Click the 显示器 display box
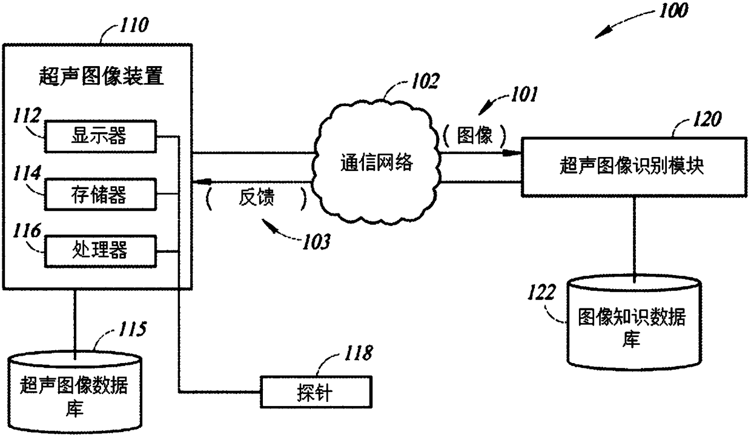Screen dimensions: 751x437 [x=101, y=136]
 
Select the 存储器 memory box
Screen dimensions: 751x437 [x=101, y=195]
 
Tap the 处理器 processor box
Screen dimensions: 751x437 [x=101, y=252]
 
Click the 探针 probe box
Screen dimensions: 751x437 [x=316, y=392]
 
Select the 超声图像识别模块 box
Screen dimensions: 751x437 [x=634, y=167]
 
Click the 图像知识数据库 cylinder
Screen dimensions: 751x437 [x=634, y=322]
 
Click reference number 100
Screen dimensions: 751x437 [x=673, y=10]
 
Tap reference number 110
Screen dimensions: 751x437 [x=134, y=25]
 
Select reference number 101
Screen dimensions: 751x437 [x=524, y=94]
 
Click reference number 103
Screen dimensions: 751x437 [x=316, y=242]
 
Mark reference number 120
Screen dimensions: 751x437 [x=707, y=119]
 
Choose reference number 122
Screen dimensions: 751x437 [x=541, y=292]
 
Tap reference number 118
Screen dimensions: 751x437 [x=358, y=353]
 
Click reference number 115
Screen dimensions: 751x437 [x=132, y=329]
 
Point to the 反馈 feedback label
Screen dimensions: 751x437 [x=256, y=197]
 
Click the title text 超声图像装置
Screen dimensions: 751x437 [x=101, y=76]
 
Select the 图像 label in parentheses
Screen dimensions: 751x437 [x=475, y=135]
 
